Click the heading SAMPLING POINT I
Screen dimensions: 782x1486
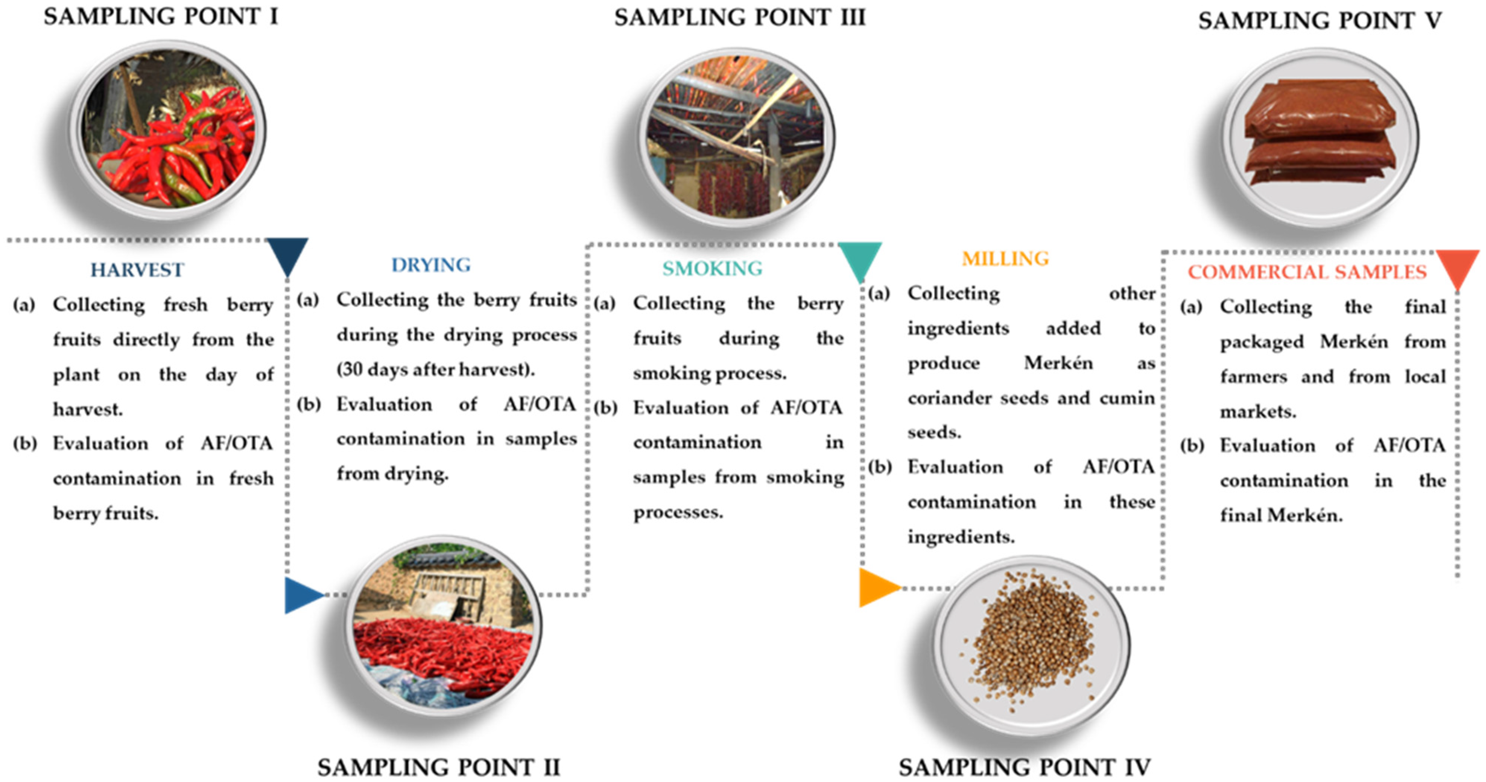pos(161,17)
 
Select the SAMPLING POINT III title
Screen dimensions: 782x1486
pos(739,18)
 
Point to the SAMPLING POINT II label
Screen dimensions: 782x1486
pos(438,767)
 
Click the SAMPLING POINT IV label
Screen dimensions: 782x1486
pos(1024,767)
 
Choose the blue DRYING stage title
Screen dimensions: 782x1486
pos(431,265)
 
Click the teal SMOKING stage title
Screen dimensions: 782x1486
pos(712,268)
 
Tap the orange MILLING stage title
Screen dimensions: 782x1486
pos(1005,259)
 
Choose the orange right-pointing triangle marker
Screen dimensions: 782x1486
pos(876,588)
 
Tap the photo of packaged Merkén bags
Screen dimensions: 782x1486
pos(1320,136)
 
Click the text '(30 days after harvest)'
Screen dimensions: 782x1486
pos(435,369)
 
